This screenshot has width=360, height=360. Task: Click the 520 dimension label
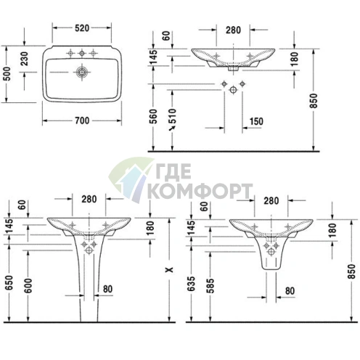[82, 28]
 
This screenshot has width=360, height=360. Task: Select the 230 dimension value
[25, 59]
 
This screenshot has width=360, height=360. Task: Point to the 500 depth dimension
[7, 73]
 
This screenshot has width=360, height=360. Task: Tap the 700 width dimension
[82, 120]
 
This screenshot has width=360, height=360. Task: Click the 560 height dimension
[153, 117]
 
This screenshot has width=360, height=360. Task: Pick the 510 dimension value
[172, 115]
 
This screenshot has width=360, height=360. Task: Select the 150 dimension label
[256, 121]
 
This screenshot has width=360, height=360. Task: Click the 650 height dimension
[9, 282]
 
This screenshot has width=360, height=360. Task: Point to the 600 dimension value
[28, 286]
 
